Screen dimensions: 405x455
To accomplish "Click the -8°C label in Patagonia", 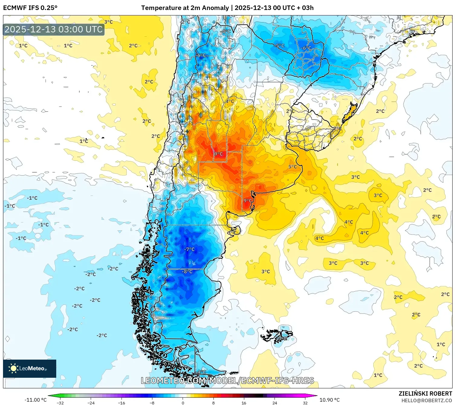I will pyautogui.click(x=187, y=272).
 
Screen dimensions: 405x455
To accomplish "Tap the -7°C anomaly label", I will pyautogui.click(x=190, y=249).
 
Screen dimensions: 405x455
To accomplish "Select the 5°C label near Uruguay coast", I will pyautogui.click(x=292, y=167).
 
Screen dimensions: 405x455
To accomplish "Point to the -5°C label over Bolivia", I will pyautogui.click(x=280, y=46).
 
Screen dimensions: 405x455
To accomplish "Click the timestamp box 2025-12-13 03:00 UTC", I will pyautogui.click(x=54, y=29).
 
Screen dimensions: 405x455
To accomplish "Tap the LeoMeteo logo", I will pyautogui.click(x=30, y=368).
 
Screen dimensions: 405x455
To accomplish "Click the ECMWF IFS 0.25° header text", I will pyautogui.click(x=30, y=8).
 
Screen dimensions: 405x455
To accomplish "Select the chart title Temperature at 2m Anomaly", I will pyautogui.click(x=185, y=8).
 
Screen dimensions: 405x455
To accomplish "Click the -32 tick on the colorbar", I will pyautogui.click(x=60, y=403).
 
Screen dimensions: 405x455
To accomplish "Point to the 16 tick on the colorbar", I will pyautogui.click(x=244, y=403).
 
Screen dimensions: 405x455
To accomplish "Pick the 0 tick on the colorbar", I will pyautogui.click(x=183, y=403).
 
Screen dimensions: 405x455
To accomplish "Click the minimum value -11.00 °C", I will pyautogui.click(x=35, y=400).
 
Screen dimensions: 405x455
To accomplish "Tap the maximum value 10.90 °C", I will pyautogui.click(x=329, y=400).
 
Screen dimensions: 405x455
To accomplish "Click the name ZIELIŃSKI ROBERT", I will pyautogui.click(x=425, y=393).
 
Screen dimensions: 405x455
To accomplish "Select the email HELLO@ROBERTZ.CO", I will pyautogui.click(x=426, y=400).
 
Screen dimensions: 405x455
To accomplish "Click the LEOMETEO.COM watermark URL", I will pyautogui.click(x=227, y=380).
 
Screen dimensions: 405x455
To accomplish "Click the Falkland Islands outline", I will pyautogui.click(x=277, y=335).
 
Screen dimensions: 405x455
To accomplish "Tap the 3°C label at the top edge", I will pyautogui.click(x=109, y=22).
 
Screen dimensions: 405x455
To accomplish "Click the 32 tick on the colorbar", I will pyautogui.click(x=305, y=403).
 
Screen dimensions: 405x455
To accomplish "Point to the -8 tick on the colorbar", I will pyautogui.click(x=152, y=403).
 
